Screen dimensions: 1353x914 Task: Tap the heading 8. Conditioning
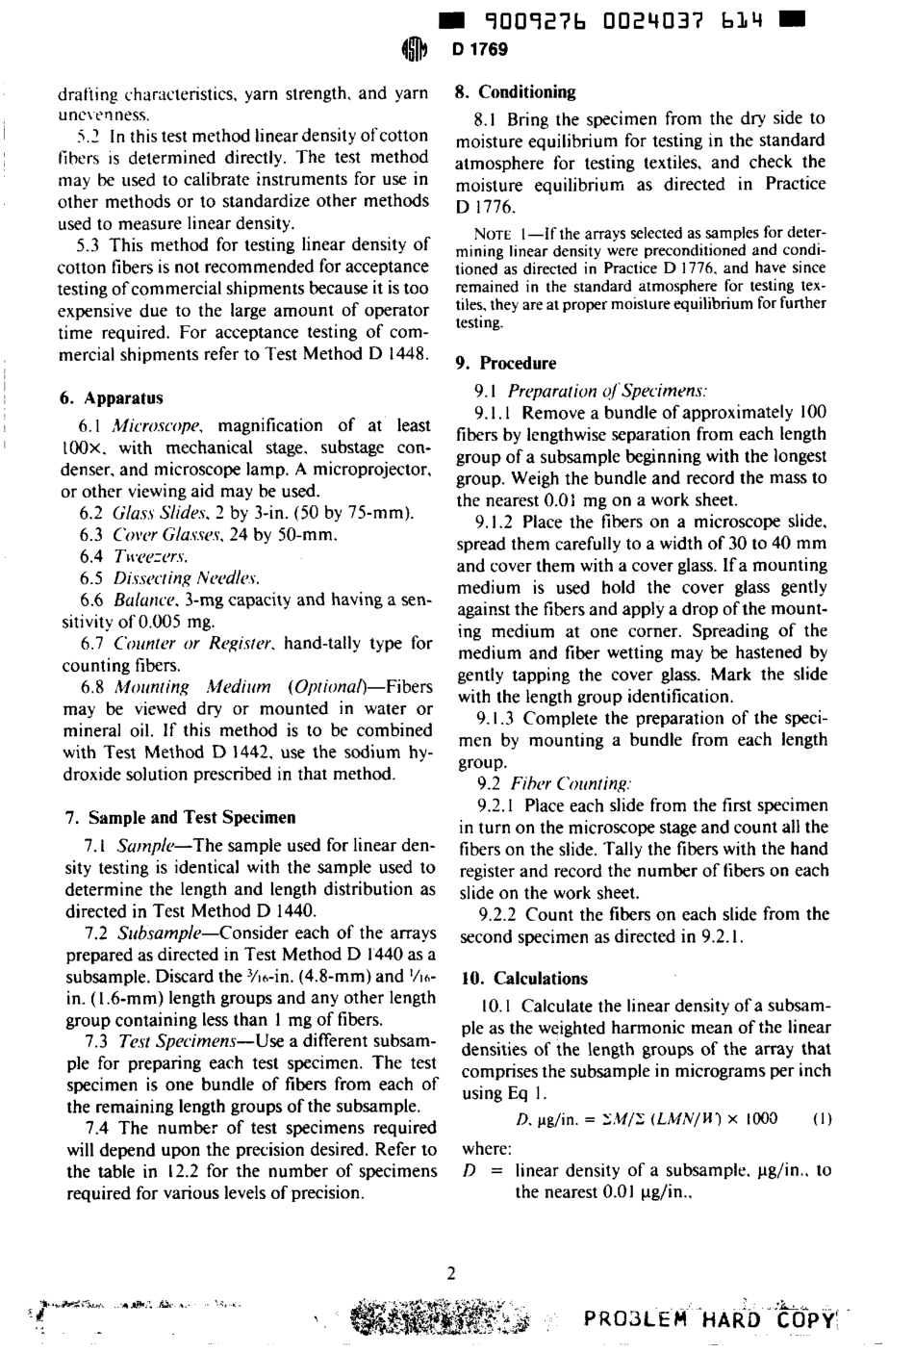click(x=515, y=92)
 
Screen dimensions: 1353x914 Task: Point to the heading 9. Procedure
click(x=505, y=363)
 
